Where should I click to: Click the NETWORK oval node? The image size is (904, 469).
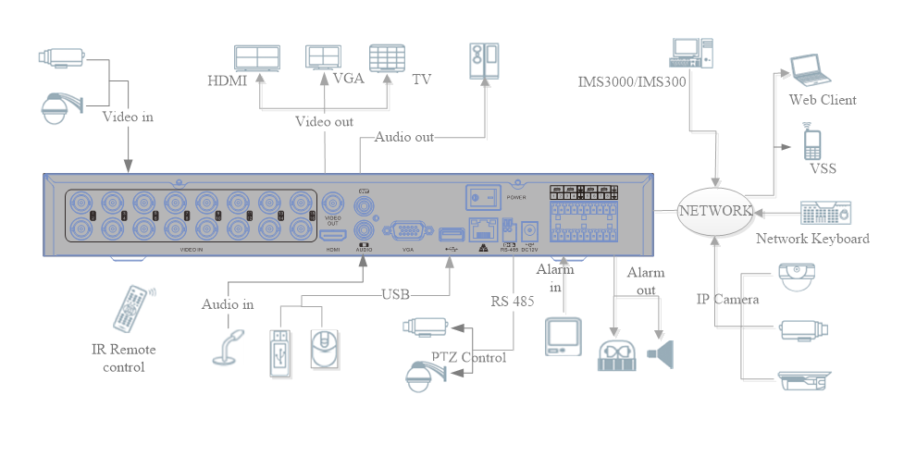click(x=714, y=211)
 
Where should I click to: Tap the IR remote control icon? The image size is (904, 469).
click(x=131, y=309)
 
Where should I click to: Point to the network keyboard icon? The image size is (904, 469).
click(x=825, y=214)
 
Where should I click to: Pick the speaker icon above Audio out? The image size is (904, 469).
click(x=484, y=61)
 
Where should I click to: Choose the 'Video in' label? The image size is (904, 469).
click(x=128, y=117)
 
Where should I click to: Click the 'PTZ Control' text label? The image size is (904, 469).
click(x=468, y=358)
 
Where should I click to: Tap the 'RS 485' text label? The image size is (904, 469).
click(x=513, y=301)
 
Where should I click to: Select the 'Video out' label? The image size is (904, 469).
click(x=324, y=121)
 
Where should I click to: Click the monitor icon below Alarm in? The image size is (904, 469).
click(x=563, y=336)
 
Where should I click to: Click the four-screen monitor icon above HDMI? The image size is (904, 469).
click(x=258, y=58)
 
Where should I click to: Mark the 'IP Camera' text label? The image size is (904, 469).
click(x=727, y=299)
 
